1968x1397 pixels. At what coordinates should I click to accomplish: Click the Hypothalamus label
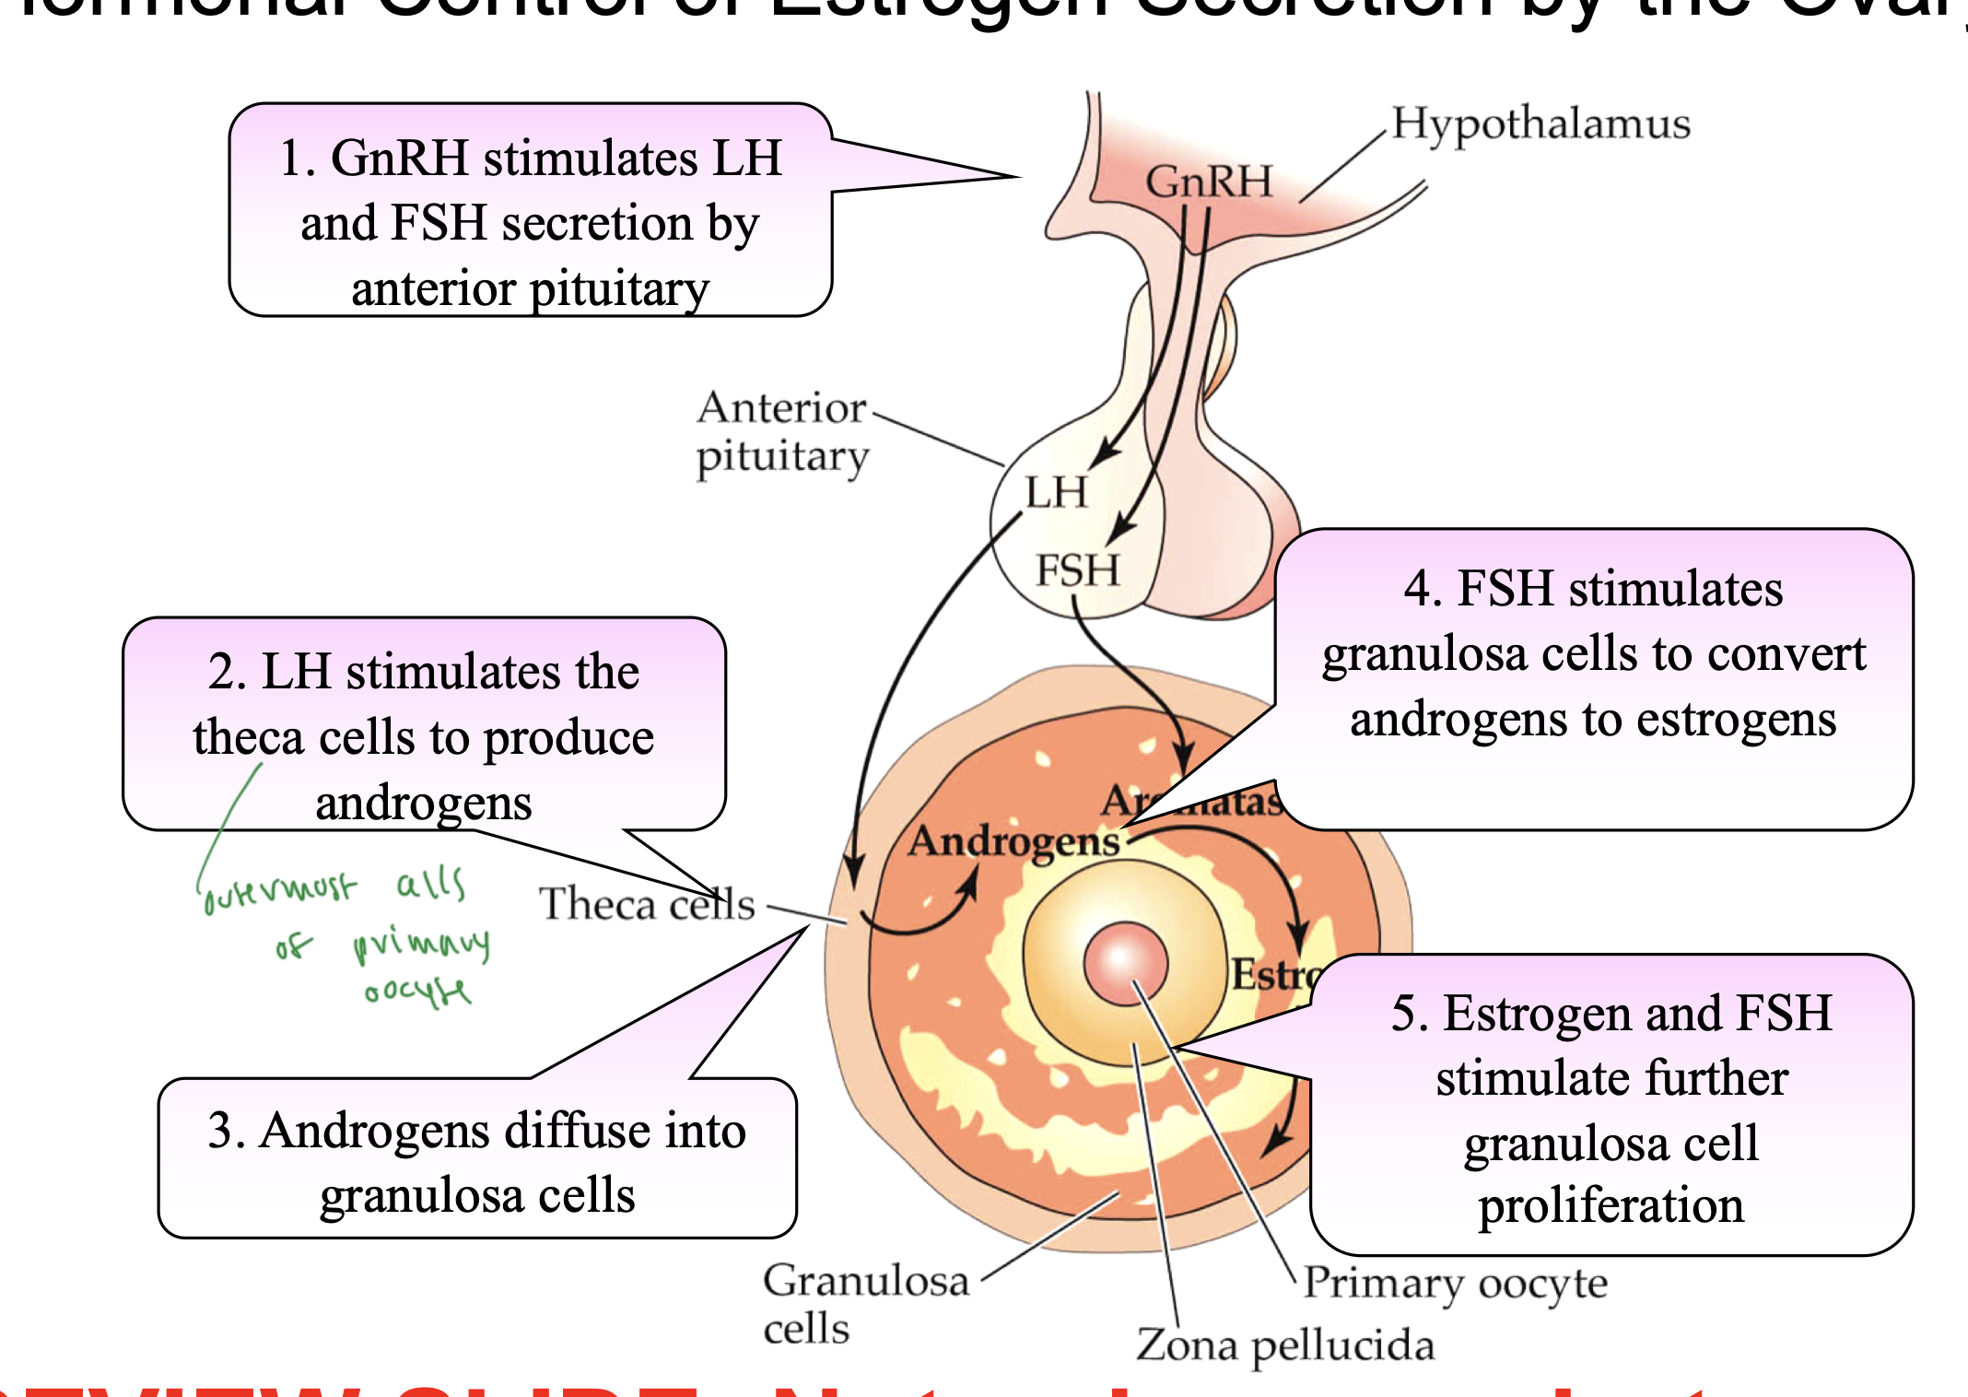[1540, 123]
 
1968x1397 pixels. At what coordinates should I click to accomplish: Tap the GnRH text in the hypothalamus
[1208, 182]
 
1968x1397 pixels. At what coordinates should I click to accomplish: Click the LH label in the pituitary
[1056, 492]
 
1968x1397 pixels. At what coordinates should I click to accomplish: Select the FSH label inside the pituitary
[1077, 569]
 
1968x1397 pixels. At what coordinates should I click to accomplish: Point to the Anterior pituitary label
[781, 431]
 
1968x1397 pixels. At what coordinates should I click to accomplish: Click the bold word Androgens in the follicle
[1013, 841]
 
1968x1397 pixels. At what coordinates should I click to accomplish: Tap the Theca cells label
[646, 904]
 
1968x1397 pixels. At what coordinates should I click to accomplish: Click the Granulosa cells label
[864, 1302]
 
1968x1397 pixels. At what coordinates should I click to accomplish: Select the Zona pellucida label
[1284, 1344]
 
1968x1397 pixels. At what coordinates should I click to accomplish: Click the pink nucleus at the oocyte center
[1125, 964]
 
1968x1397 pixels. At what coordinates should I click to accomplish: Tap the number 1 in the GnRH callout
[292, 158]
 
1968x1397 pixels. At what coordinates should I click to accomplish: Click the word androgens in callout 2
[423, 804]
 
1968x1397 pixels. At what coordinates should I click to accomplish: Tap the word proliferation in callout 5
[1611, 1205]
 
